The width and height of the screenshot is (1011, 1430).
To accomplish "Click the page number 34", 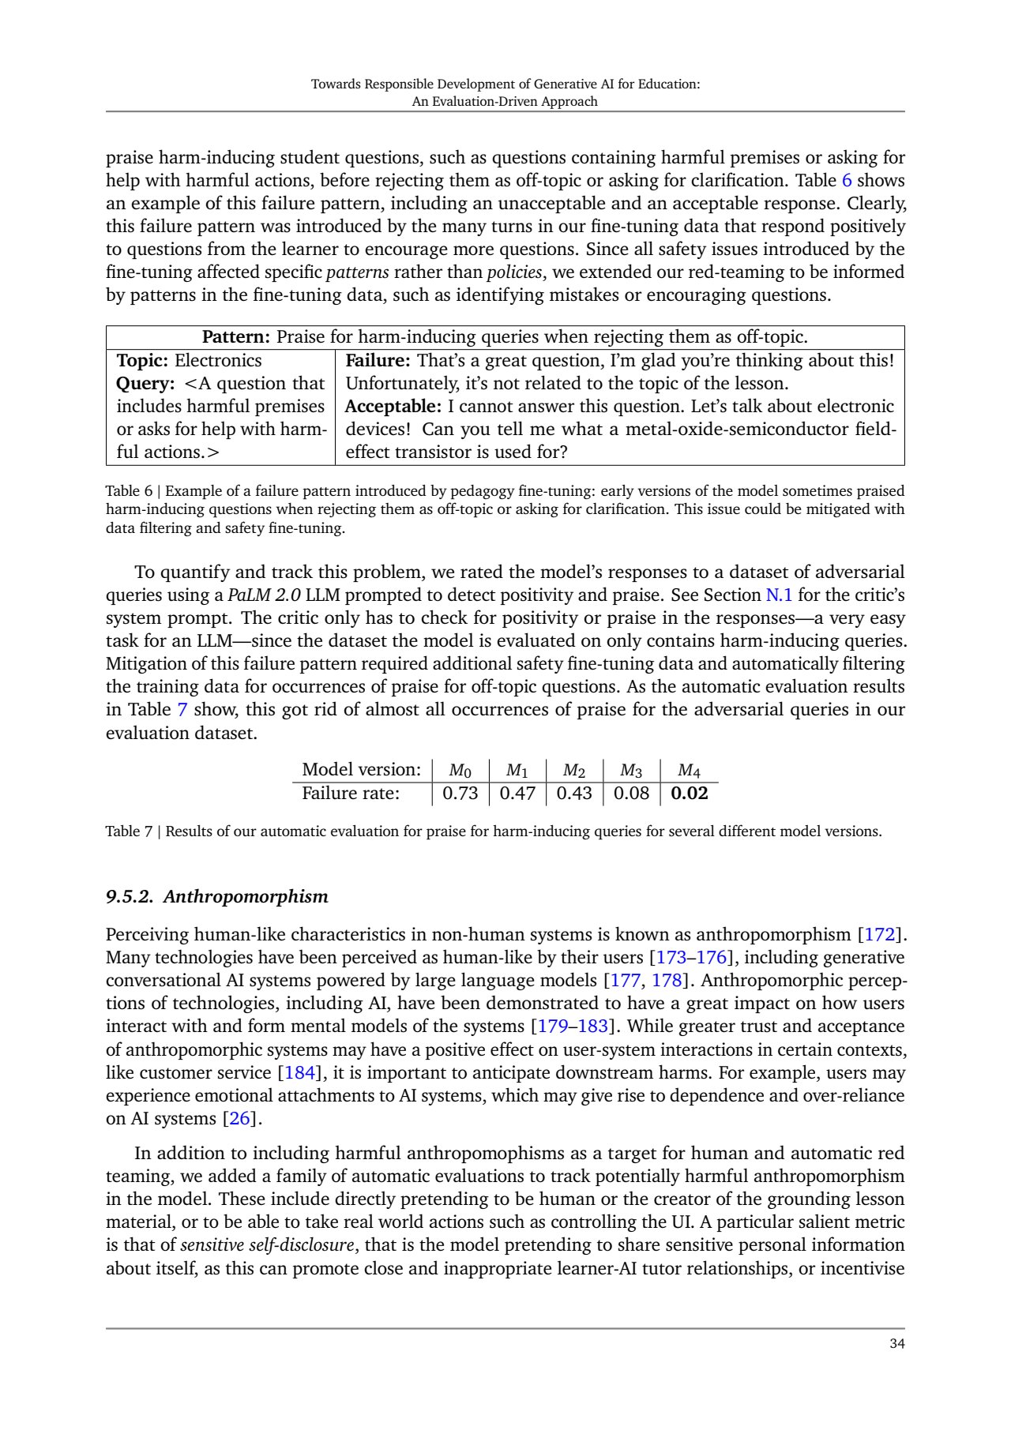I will coord(896,1344).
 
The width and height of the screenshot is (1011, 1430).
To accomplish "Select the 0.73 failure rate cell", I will coord(460,793).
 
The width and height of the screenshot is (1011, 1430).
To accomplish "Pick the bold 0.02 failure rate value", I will coord(689,793).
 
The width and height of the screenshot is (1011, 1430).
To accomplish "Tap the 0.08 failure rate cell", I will coord(631,793).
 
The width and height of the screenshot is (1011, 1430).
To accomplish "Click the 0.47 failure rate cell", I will coord(517,793).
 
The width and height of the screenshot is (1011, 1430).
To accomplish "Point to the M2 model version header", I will coord(573,770).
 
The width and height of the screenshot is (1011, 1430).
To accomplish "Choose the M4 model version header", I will coord(689,770).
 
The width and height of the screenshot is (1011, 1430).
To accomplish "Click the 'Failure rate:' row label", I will coord(351,793).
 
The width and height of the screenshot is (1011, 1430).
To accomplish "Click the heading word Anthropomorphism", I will coord(246,896).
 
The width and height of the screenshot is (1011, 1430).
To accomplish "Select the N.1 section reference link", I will coord(779,595).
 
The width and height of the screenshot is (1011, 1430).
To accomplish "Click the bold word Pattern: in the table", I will coord(236,337).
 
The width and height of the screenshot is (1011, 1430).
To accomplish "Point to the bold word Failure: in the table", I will coord(378,361).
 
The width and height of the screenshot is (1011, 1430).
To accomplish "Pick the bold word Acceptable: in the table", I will coord(393,407).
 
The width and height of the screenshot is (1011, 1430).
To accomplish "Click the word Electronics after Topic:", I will coord(218,361).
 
